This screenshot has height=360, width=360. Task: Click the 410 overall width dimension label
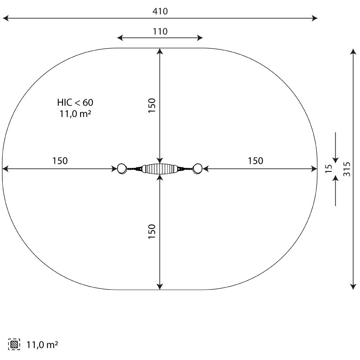160,11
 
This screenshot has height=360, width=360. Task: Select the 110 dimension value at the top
160,31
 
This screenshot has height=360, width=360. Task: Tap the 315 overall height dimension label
347,169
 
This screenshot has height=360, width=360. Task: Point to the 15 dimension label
329,169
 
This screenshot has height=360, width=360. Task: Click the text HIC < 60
75,103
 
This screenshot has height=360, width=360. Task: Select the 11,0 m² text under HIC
75,113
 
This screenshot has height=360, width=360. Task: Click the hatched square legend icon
14,344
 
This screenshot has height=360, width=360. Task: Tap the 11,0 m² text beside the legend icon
42,345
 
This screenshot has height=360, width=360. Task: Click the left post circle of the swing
121,169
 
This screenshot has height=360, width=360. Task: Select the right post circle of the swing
198,169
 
